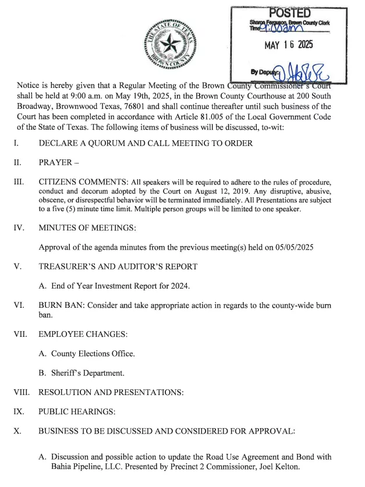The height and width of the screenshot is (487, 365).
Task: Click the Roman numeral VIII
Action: (x=22, y=392)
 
